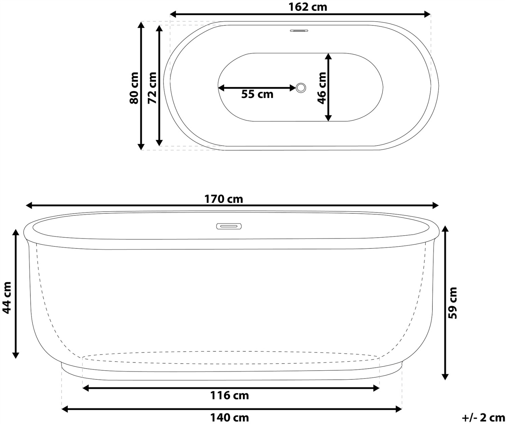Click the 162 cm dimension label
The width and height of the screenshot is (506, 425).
pyautogui.click(x=308, y=7)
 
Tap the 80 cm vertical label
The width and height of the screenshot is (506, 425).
pyautogui.click(x=134, y=88)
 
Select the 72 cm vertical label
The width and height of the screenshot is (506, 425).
pyautogui.click(x=152, y=88)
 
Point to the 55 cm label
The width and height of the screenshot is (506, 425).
pyautogui.click(x=257, y=94)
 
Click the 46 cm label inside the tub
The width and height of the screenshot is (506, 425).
pyautogui.click(x=322, y=88)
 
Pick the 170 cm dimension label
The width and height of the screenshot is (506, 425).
pyautogui.click(x=224, y=199)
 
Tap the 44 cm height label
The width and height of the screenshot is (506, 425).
pyautogui.click(x=6, y=298)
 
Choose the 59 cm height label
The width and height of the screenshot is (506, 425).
pyautogui.click(x=452, y=303)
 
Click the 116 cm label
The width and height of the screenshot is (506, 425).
pyautogui.click(x=229, y=396)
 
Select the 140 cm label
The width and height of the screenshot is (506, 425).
pyautogui.click(x=229, y=418)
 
